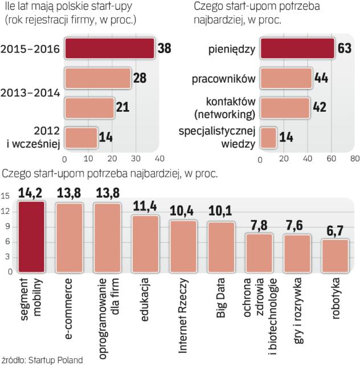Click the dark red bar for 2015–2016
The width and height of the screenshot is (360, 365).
[x=109, y=48]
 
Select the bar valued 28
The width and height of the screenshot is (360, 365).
[x=97, y=78]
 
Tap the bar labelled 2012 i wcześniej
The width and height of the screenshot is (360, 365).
[x=81, y=137]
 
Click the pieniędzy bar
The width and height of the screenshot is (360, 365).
[x=297, y=48]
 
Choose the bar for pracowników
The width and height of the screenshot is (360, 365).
[x=285, y=77]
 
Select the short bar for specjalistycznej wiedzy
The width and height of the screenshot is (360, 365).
[x=268, y=137]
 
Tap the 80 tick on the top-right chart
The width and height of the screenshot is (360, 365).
[x=354, y=158]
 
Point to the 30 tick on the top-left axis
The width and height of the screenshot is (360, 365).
[x=135, y=158]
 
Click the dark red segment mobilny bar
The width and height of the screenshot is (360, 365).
[x=31, y=237]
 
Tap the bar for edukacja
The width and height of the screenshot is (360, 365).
[x=145, y=244]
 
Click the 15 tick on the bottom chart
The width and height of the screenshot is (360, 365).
[x=6, y=196]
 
